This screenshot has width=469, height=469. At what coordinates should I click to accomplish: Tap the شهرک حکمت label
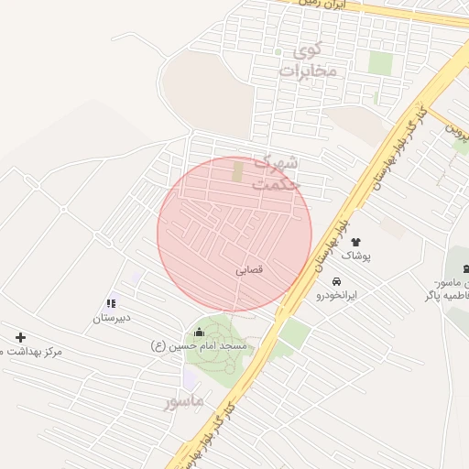[x=276, y=172]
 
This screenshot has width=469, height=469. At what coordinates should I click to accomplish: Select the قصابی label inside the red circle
[x=249, y=270]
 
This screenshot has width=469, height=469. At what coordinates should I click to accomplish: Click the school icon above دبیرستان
[x=111, y=303]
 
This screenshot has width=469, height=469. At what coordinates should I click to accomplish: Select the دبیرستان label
[x=111, y=319]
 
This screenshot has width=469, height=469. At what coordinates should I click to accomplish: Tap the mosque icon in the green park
[x=200, y=332]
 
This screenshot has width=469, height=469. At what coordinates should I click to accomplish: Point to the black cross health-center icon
[x=20, y=337]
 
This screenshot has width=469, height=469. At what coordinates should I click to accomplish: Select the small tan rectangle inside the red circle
[x=238, y=171]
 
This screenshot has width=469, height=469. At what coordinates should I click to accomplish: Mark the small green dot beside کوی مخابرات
[x=278, y=52]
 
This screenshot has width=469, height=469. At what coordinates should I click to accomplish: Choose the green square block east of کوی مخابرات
[x=380, y=63]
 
